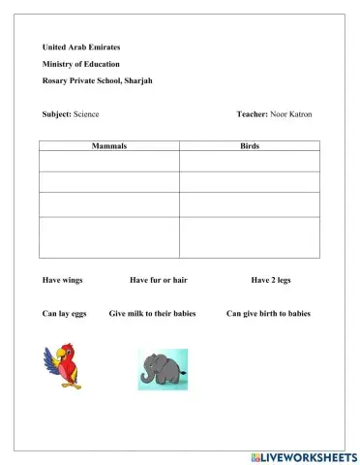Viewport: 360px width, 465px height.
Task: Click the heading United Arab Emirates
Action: [x=81, y=47]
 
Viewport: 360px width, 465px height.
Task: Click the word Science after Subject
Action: [x=87, y=114]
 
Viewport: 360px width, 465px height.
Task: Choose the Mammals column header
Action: [x=109, y=145]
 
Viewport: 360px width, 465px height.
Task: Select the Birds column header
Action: [x=249, y=145]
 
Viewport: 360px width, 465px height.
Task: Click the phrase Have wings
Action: [x=63, y=280]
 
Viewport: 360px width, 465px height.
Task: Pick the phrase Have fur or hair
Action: [x=158, y=280]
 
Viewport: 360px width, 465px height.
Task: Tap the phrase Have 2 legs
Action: [x=271, y=280]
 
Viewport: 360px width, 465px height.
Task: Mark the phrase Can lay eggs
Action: [x=64, y=314]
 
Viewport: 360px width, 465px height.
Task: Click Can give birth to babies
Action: [x=268, y=314]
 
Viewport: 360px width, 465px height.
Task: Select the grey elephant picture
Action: [x=163, y=368]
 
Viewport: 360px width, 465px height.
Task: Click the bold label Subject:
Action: [x=57, y=114]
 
